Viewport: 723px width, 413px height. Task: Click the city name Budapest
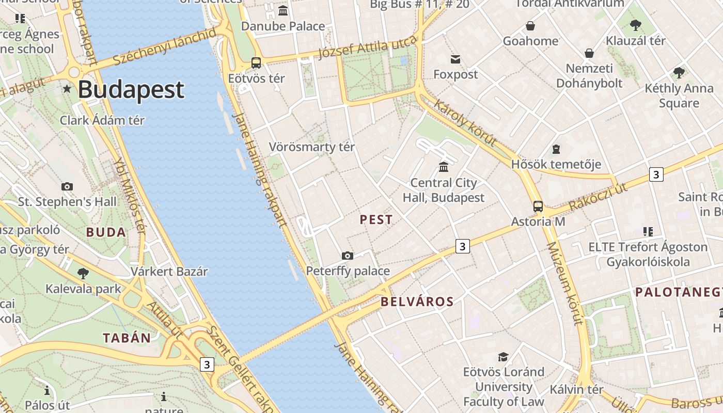131,89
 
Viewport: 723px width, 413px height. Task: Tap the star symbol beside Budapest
67,89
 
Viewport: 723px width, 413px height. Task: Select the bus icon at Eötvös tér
256,63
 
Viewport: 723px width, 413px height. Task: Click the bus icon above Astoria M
538,206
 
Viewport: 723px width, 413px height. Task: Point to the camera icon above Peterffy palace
348,256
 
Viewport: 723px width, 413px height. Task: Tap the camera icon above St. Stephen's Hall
67,186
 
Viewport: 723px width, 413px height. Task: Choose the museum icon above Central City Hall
444,167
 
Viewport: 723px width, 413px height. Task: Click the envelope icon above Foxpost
455,59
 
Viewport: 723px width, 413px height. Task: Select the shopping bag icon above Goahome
530,26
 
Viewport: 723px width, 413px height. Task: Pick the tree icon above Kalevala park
83,273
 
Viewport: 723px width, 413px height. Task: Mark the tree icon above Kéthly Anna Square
679,73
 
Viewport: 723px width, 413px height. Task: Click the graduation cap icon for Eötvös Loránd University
503,357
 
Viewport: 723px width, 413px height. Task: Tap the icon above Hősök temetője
556,149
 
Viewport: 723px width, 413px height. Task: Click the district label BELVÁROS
417,301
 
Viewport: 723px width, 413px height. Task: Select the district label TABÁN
127,338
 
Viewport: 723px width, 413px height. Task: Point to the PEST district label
376,219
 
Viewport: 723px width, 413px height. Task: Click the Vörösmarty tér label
312,147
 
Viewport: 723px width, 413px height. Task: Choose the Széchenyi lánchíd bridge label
164,47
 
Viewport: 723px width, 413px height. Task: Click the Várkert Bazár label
169,272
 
